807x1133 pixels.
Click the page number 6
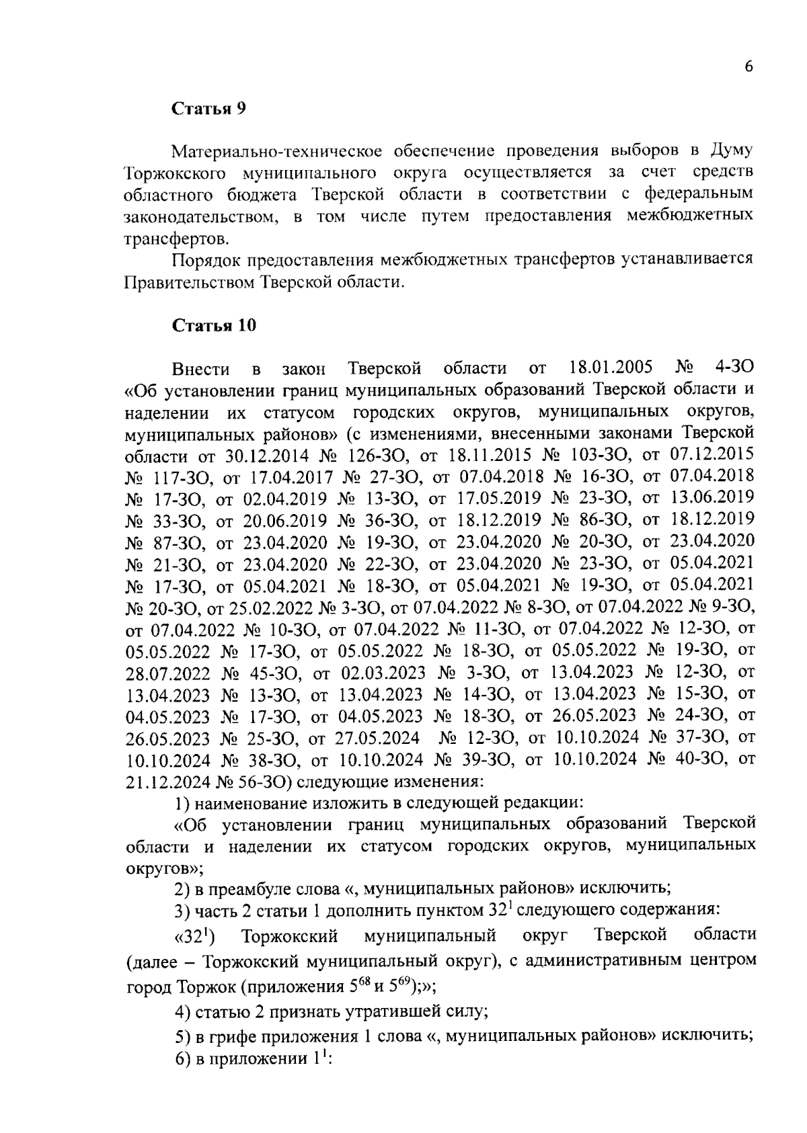pyautogui.click(x=748, y=67)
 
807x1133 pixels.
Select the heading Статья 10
pyautogui.click(x=214, y=326)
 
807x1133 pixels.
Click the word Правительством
pyautogui.click(x=185, y=283)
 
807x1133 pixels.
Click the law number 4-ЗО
pyautogui.click(x=734, y=368)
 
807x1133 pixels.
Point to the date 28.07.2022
pyautogui.click(x=167, y=673)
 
